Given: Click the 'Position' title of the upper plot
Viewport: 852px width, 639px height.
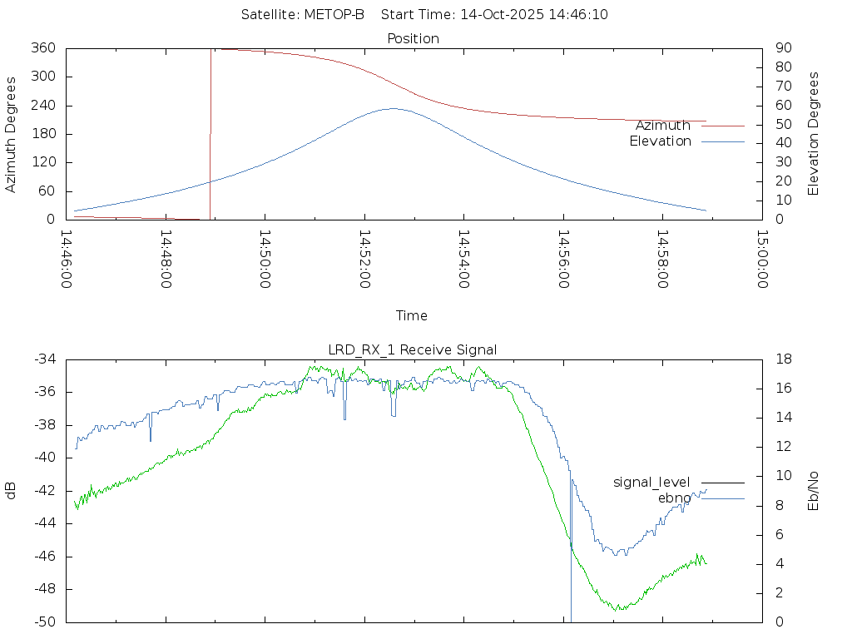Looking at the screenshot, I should point(414,38).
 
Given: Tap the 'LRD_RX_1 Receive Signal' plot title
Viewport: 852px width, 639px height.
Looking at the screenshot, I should point(414,349).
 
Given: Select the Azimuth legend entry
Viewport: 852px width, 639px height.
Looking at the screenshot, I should point(663,126).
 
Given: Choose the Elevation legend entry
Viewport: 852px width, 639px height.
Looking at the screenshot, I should point(660,141).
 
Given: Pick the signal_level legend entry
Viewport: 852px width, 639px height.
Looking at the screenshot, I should point(651,482).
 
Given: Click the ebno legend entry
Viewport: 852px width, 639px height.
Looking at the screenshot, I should point(674,498).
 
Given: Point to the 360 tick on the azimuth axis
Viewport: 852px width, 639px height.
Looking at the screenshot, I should point(43,48).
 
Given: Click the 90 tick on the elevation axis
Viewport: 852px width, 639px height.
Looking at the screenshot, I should point(783,48).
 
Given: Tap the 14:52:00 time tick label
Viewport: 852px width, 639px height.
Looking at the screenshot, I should point(364,260).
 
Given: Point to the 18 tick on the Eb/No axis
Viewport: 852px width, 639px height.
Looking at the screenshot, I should point(783,359).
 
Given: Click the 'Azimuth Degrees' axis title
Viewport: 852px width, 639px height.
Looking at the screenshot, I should point(12,134).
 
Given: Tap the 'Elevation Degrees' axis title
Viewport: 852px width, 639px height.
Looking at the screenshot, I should point(814,134).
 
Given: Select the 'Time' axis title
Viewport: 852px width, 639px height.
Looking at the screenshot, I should point(412,315).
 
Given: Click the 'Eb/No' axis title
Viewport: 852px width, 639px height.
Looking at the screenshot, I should point(814,490).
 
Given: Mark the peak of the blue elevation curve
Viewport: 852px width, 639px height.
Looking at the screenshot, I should point(393,108).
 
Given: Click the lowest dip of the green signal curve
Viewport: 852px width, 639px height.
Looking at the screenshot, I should point(617,610).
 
